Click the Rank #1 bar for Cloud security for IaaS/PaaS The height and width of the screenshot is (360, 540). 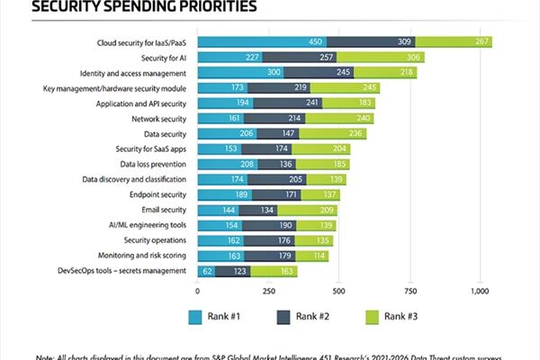[261, 41]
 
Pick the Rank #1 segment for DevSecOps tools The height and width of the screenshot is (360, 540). [206, 270]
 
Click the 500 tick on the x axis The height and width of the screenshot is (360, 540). [339, 292]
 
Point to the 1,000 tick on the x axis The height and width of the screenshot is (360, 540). [480, 292]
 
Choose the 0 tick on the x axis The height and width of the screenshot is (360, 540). [197, 292]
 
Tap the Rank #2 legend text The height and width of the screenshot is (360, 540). [314, 316]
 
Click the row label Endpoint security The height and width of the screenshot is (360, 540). [159, 194]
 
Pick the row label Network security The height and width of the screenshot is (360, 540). [158, 118]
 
